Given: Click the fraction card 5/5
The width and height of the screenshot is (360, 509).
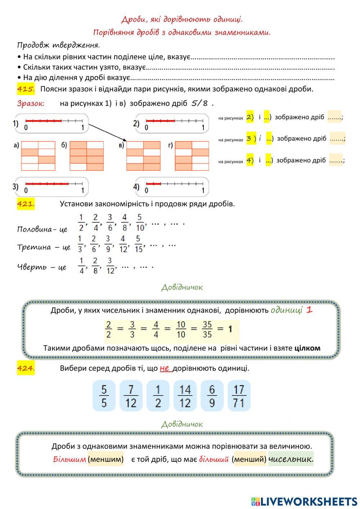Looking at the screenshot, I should point(104,396).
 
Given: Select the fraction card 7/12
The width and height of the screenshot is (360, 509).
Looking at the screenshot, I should point(131,396).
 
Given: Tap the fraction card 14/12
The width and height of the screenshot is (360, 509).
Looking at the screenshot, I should point(185,396).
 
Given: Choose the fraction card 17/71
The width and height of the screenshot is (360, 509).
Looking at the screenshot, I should point(239,396).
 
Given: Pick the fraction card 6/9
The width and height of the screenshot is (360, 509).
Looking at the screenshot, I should point(212,396).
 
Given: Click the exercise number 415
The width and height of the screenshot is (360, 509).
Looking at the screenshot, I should point(26,89).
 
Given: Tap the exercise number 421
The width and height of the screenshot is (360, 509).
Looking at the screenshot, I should point(26,204).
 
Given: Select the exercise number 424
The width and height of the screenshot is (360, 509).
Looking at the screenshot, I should point(26,368).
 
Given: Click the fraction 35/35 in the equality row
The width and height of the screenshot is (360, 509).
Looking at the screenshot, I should point(207,329).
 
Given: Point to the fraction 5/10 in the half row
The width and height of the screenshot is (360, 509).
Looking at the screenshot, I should point(140,223).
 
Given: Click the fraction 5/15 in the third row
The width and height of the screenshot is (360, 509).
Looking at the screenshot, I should point(139,244).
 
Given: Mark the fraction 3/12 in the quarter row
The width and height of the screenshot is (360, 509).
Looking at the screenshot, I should point(110,265).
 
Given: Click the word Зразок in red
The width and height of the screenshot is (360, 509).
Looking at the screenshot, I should point(31,104).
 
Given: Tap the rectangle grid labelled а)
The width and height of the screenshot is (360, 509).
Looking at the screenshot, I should point(38,156).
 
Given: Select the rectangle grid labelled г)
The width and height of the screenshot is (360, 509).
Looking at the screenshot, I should point(192,156).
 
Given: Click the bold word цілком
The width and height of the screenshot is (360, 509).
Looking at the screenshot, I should point(307,348).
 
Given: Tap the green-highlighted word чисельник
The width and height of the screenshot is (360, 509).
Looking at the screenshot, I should point(291,459).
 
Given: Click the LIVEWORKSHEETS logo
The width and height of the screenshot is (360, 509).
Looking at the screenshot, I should point(304,501).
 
